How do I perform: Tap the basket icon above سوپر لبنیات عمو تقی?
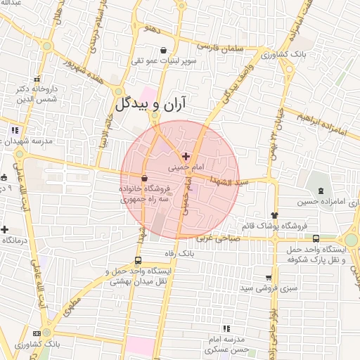click(164, 50)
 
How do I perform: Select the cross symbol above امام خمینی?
click(186, 156)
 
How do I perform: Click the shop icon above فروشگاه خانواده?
click(144, 178)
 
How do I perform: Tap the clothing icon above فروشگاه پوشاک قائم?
click(274, 215)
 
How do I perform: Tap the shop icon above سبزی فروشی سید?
click(268, 277)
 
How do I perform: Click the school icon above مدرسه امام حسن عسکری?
click(226, 328)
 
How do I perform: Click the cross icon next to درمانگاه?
click(5, 229)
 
